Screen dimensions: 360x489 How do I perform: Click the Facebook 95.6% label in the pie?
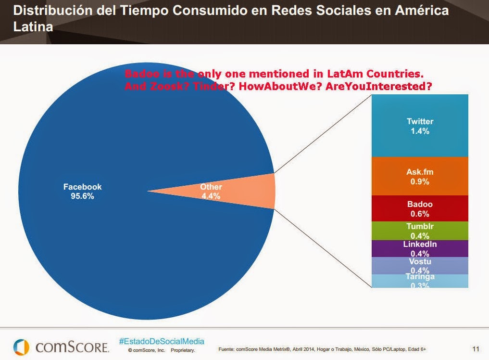[x=83, y=192]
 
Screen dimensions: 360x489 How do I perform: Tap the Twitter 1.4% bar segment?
[x=420, y=126]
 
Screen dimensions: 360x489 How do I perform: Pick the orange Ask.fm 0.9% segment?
[x=420, y=176]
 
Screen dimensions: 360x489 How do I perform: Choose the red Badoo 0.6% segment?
[x=420, y=208]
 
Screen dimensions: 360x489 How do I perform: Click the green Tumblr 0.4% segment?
[x=420, y=231]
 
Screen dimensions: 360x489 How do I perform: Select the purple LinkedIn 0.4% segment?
[x=420, y=248]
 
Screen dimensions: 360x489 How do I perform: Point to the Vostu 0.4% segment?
[x=420, y=266]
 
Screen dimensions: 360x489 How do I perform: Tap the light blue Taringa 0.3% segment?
[x=420, y=281]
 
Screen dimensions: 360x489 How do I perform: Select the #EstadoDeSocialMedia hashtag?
[x=161, y=341]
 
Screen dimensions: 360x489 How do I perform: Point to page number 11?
[x=475, y=348]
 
